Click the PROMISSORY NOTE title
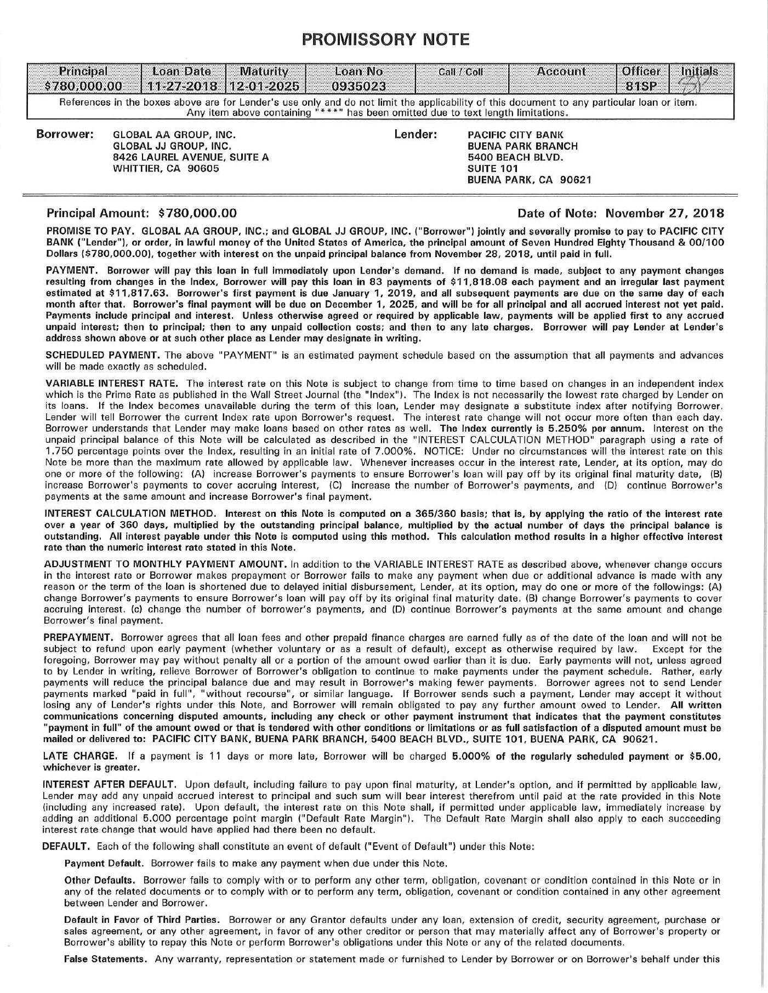pos(385,39)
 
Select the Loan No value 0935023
pos(359,86)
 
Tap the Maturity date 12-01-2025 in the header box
pos(265,86)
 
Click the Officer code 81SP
pos(639,86)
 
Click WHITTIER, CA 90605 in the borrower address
pos(166,168)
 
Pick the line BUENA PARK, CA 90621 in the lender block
pos(529,180)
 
